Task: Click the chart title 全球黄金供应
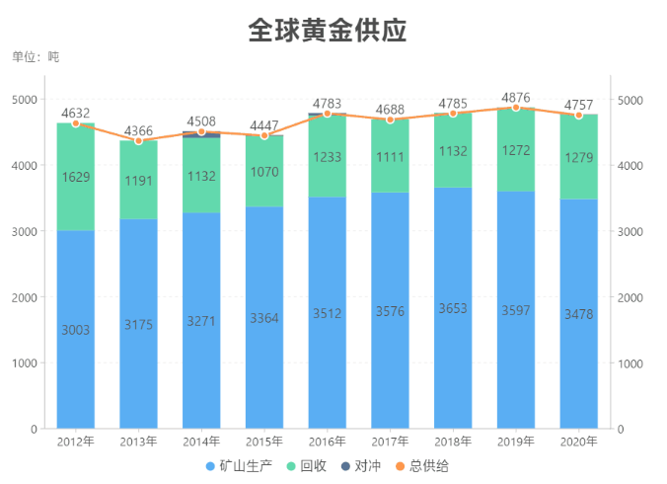[327, 31]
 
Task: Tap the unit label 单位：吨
[36, 57]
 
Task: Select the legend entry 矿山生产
[237, 465]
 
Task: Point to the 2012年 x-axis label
[76, 442]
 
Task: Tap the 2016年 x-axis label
[327, 442]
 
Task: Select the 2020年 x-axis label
[578, 442]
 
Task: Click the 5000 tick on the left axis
[25, 100]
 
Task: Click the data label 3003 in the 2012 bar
[76, 330]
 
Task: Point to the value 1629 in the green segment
[76, 178]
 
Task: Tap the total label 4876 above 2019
[516, 98]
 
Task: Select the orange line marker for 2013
[139, 141]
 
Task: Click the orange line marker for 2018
[453, 114]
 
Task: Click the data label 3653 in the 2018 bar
[453, 308]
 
